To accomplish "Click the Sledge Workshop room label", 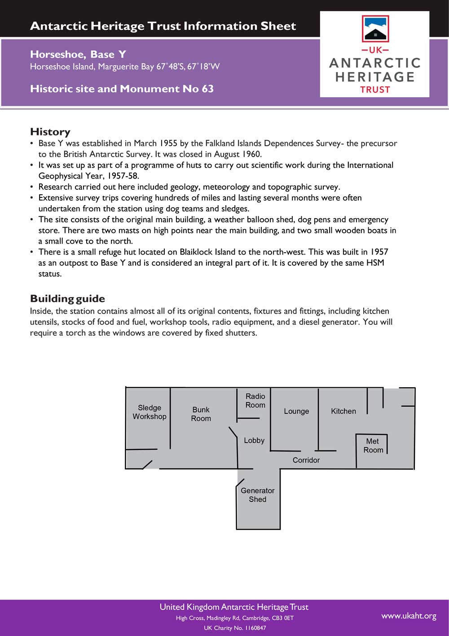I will click(150, 412).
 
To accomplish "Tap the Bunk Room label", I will click(201, 414).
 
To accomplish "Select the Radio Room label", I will click(255, 400).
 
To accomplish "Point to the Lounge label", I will click(296, 411).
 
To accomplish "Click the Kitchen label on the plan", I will click(343, 411).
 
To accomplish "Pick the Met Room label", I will click(373, 445).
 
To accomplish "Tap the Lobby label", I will click(254, 440).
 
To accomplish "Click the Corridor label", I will click(306, 460).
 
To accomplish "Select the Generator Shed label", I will click(258, 495).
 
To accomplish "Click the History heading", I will click(50, 132).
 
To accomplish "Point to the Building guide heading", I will click(67, 299).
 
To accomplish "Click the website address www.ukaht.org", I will click(409, 616).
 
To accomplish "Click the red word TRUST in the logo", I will click(375, 90).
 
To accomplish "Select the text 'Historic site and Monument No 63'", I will click(122, 89).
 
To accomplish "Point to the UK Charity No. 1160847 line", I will click(235, 628).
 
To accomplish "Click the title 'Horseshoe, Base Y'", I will click(78, 54).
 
